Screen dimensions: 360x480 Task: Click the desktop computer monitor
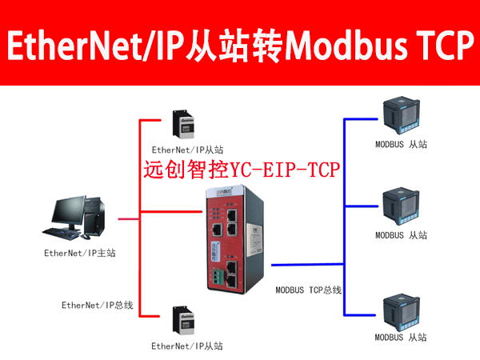pyautogui.click(x=74, y=212)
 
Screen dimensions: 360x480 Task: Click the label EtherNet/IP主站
pyautogui.click(x=80, y=254)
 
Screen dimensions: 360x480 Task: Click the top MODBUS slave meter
pyautogui.click(x=401, y=118)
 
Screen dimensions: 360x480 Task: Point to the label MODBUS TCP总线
pyautogui.click(x=308, y=289)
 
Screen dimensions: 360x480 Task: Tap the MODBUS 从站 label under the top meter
pyautogui.click(x=401, y=145)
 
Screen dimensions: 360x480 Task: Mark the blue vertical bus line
pyautogui.click(x=345, y=216)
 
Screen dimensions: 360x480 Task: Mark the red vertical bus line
pyautogui.click(x=140, y=216)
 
